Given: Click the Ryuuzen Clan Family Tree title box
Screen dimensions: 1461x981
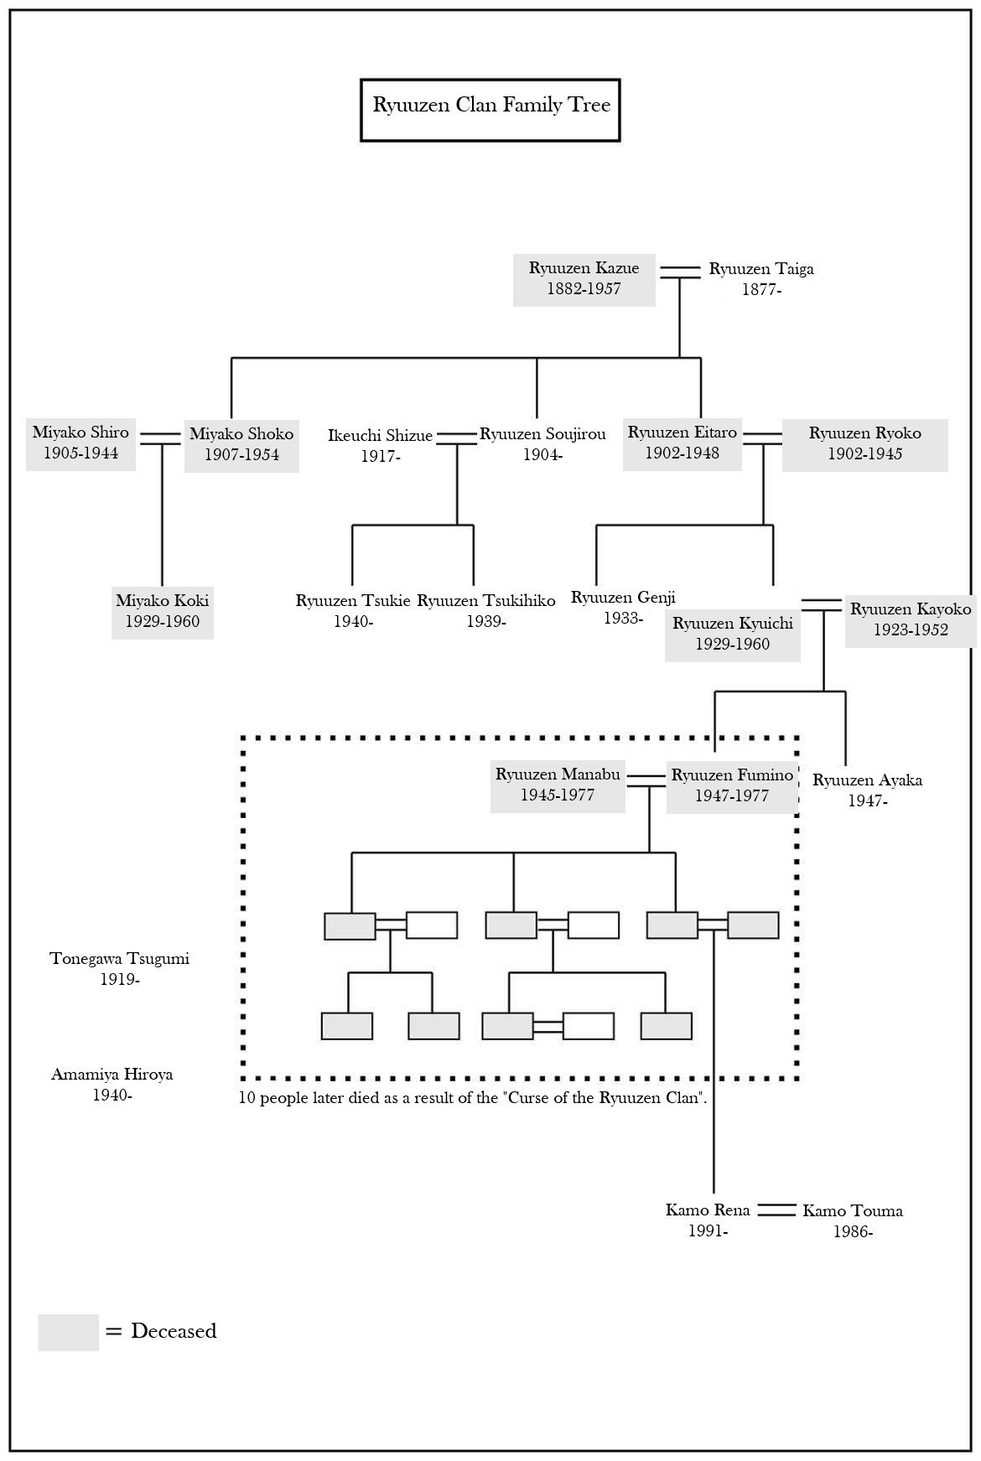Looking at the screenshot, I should coord(490,110).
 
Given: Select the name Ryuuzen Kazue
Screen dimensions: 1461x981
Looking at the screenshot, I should coord(584,268).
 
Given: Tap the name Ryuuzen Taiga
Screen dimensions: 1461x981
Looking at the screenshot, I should coord(761,269).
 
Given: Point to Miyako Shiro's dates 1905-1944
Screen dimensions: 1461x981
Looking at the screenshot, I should coord(80,453).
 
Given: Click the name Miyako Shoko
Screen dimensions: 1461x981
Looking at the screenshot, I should coord(241,434).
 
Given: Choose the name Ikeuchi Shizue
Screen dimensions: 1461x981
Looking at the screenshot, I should coord(380,436).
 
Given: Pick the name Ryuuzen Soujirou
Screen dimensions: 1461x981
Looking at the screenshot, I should coord(542,434).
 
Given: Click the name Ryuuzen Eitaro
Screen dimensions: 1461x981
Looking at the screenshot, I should coord(682,433).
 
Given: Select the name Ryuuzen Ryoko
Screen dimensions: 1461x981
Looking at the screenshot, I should coord(864,433).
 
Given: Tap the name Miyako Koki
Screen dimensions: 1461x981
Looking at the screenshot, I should coord(162,601).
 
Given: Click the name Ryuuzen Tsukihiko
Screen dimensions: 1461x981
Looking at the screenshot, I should coord(486,601).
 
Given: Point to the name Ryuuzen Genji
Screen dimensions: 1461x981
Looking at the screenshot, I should coord(623,598).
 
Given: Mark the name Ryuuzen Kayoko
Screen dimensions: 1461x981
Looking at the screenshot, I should coord(911,609).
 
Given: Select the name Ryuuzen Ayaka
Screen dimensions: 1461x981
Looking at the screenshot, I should coord(867,780).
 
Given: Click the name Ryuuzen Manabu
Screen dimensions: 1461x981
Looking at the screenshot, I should coord(558,775).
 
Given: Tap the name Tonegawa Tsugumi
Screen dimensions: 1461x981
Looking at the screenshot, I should coord(119,959).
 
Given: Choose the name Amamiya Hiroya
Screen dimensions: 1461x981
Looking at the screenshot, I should coord(112,1075).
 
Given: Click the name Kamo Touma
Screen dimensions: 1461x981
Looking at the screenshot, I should coord(853,1211).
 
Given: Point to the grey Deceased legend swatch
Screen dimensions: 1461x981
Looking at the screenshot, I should coord(68,1332).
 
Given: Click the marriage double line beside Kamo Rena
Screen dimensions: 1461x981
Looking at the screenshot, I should coord(776,1210).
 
